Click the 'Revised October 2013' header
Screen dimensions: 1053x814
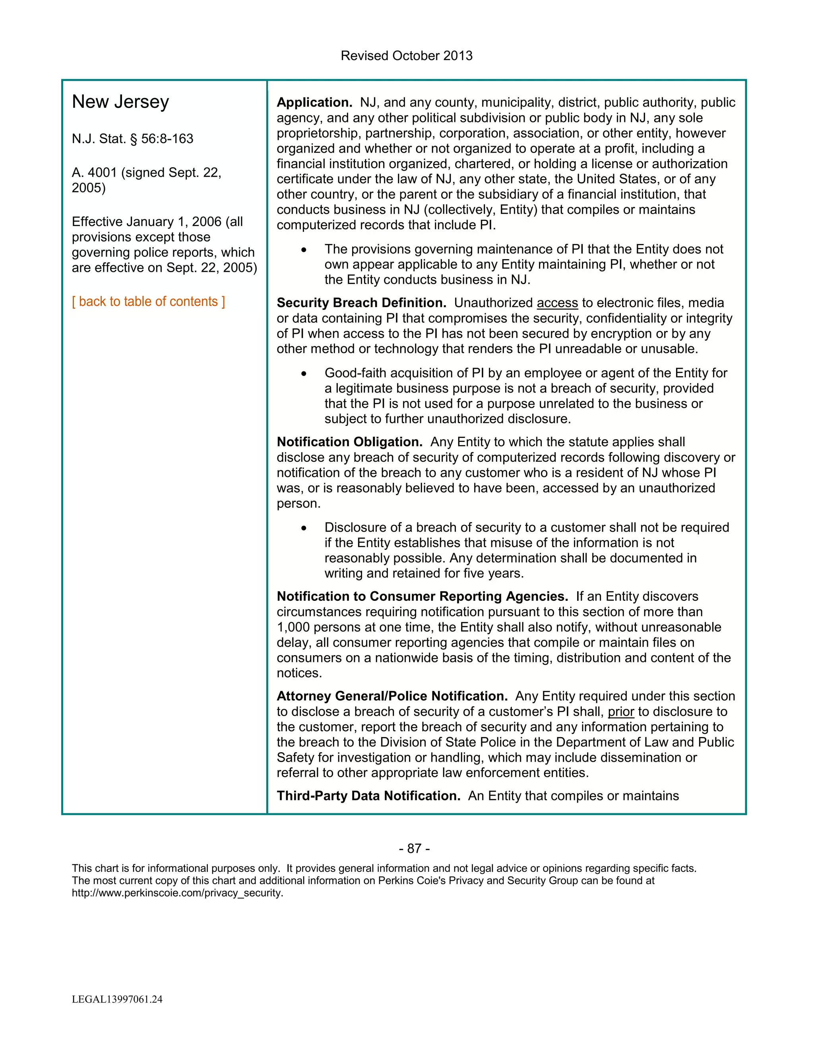(x=407, y=56)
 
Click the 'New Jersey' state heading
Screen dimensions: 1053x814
(x=120, y=102)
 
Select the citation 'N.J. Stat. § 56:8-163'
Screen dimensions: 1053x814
(x=133, y=139)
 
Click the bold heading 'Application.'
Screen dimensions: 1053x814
(x=314, y=102)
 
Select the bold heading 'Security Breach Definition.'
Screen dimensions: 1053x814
(x=361, y=303)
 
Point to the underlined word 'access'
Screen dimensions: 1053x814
(x=557, y=303)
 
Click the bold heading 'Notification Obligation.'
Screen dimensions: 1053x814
(x=349, y=442)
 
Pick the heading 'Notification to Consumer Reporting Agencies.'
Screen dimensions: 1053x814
(x=422, y=596)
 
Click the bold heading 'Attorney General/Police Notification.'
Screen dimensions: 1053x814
(x=392, y=696)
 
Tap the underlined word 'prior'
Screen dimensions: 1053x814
(x=620, y=712)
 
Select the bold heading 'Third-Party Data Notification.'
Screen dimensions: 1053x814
(x=368, y=796)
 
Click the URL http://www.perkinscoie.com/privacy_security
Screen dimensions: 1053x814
(x=177, y=892)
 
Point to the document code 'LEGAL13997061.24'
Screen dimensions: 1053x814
(x=117, y=999)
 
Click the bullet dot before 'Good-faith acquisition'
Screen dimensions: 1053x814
(x=304, y=374)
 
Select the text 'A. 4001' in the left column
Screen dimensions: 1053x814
(x=95, y=172)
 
